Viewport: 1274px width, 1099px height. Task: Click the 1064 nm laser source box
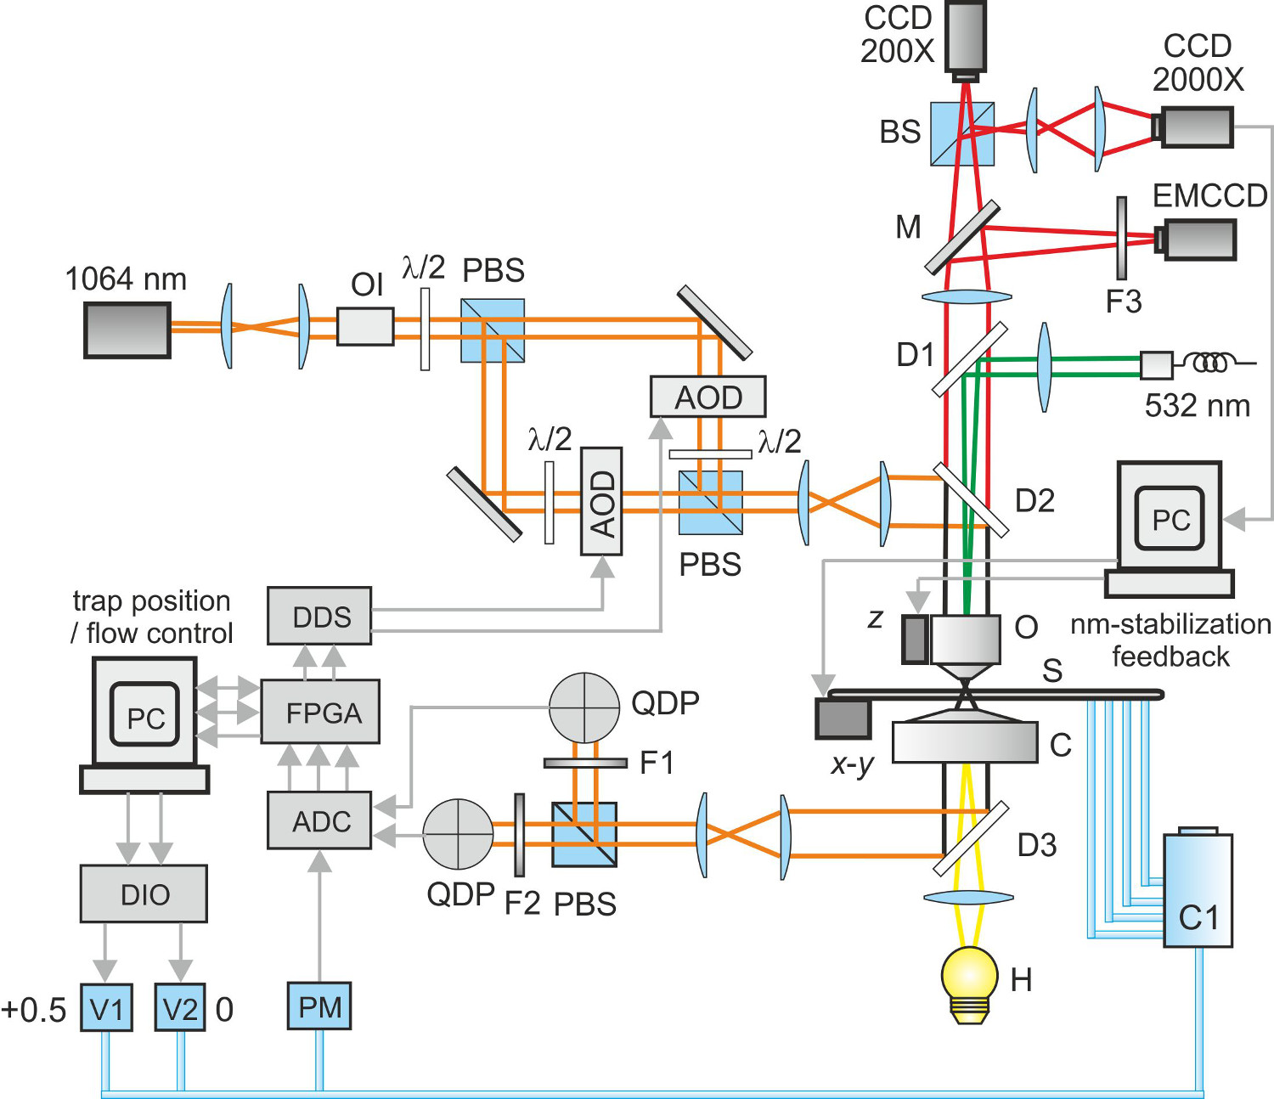point(127,330)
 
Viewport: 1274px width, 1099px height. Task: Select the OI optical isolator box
point(365,326)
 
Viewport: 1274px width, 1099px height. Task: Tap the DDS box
point(319,616)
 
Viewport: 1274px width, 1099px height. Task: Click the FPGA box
point(320,712)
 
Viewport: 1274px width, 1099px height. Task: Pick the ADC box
point(319,820)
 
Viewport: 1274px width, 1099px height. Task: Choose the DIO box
point(144,893)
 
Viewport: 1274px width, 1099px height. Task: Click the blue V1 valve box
point(106,1007)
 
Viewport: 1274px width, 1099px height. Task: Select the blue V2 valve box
point(180,1007)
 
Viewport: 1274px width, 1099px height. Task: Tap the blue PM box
point(319,1006)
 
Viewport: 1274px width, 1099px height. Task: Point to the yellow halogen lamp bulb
point(969,975)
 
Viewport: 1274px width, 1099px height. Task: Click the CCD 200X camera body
point(966,36)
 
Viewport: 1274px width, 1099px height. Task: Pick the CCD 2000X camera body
point(1197,127)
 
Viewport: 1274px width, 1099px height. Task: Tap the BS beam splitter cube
point(962,134)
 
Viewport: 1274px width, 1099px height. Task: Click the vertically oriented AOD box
point(601,501)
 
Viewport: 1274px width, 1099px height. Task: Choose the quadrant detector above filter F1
point(584,707)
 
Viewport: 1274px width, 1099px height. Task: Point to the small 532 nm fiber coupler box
point(1156,365)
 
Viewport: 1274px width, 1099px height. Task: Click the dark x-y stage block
point(843,719)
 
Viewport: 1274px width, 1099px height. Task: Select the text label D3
point(1037,845)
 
